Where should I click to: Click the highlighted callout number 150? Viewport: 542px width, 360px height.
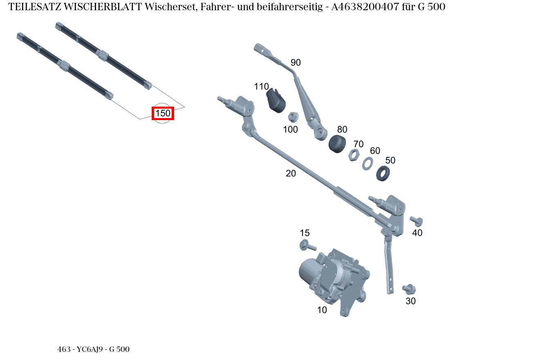click(163, 113)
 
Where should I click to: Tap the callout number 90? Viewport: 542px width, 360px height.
click(296, 63)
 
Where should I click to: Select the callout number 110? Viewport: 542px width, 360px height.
click(261, 87)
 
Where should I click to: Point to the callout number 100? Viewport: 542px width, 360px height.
click(290, 130)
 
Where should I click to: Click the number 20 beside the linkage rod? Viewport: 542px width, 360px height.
click(291, 173)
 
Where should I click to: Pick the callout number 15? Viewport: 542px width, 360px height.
click(305, 233)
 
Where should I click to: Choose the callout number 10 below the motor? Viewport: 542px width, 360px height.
click(322, 310)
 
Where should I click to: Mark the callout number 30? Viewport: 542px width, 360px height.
click(410, 301)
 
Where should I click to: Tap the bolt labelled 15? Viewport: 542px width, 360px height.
click(307, 246)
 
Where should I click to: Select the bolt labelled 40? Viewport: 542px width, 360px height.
click(417, 221)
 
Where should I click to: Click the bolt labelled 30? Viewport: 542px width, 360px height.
click(409, 289)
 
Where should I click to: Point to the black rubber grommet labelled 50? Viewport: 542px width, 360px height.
click(383, 173)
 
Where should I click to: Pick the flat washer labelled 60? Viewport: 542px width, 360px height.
click(367, 163)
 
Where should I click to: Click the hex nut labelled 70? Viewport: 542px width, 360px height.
click(354, 155)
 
